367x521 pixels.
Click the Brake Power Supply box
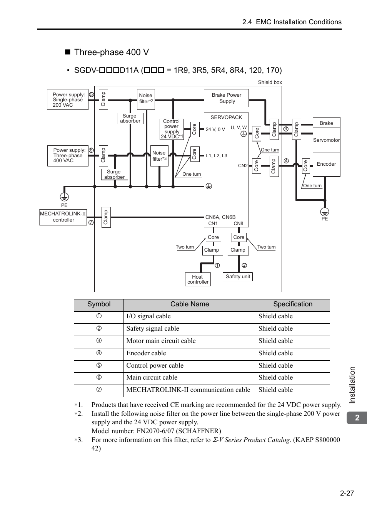tap(226, 98)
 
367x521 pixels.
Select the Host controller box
tap(198, 279)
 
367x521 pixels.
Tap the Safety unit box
tap(238, 277)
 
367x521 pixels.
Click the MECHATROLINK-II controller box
tap(63, 217)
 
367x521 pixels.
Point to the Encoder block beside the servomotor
tap(326, 165)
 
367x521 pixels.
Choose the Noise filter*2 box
tap(146, 99)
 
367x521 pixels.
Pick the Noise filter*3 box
tap(159, 156)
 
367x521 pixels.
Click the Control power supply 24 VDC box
tap(172, 129)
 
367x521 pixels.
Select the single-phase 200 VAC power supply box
tap(68, 100)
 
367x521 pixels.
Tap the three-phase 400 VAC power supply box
tap(68, 156)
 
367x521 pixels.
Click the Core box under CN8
tap(239, 237)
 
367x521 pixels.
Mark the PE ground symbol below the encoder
tap(325, 212)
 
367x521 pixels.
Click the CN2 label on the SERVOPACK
tap(243, 166)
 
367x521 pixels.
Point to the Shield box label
tap(270, 82)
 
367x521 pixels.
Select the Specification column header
tap(293, 304)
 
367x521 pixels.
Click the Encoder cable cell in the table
tap(146, 353)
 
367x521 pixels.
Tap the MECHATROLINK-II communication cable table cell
tap(188, 390)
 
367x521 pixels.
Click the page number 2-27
tap(347, 493)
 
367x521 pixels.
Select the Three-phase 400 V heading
tap(111, 52)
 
